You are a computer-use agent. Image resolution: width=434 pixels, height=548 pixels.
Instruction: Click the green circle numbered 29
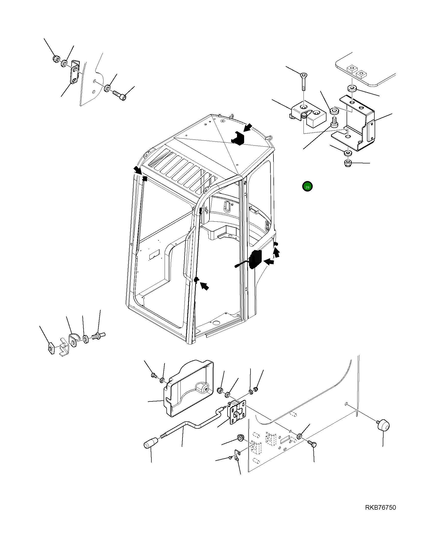click(307, 187)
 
